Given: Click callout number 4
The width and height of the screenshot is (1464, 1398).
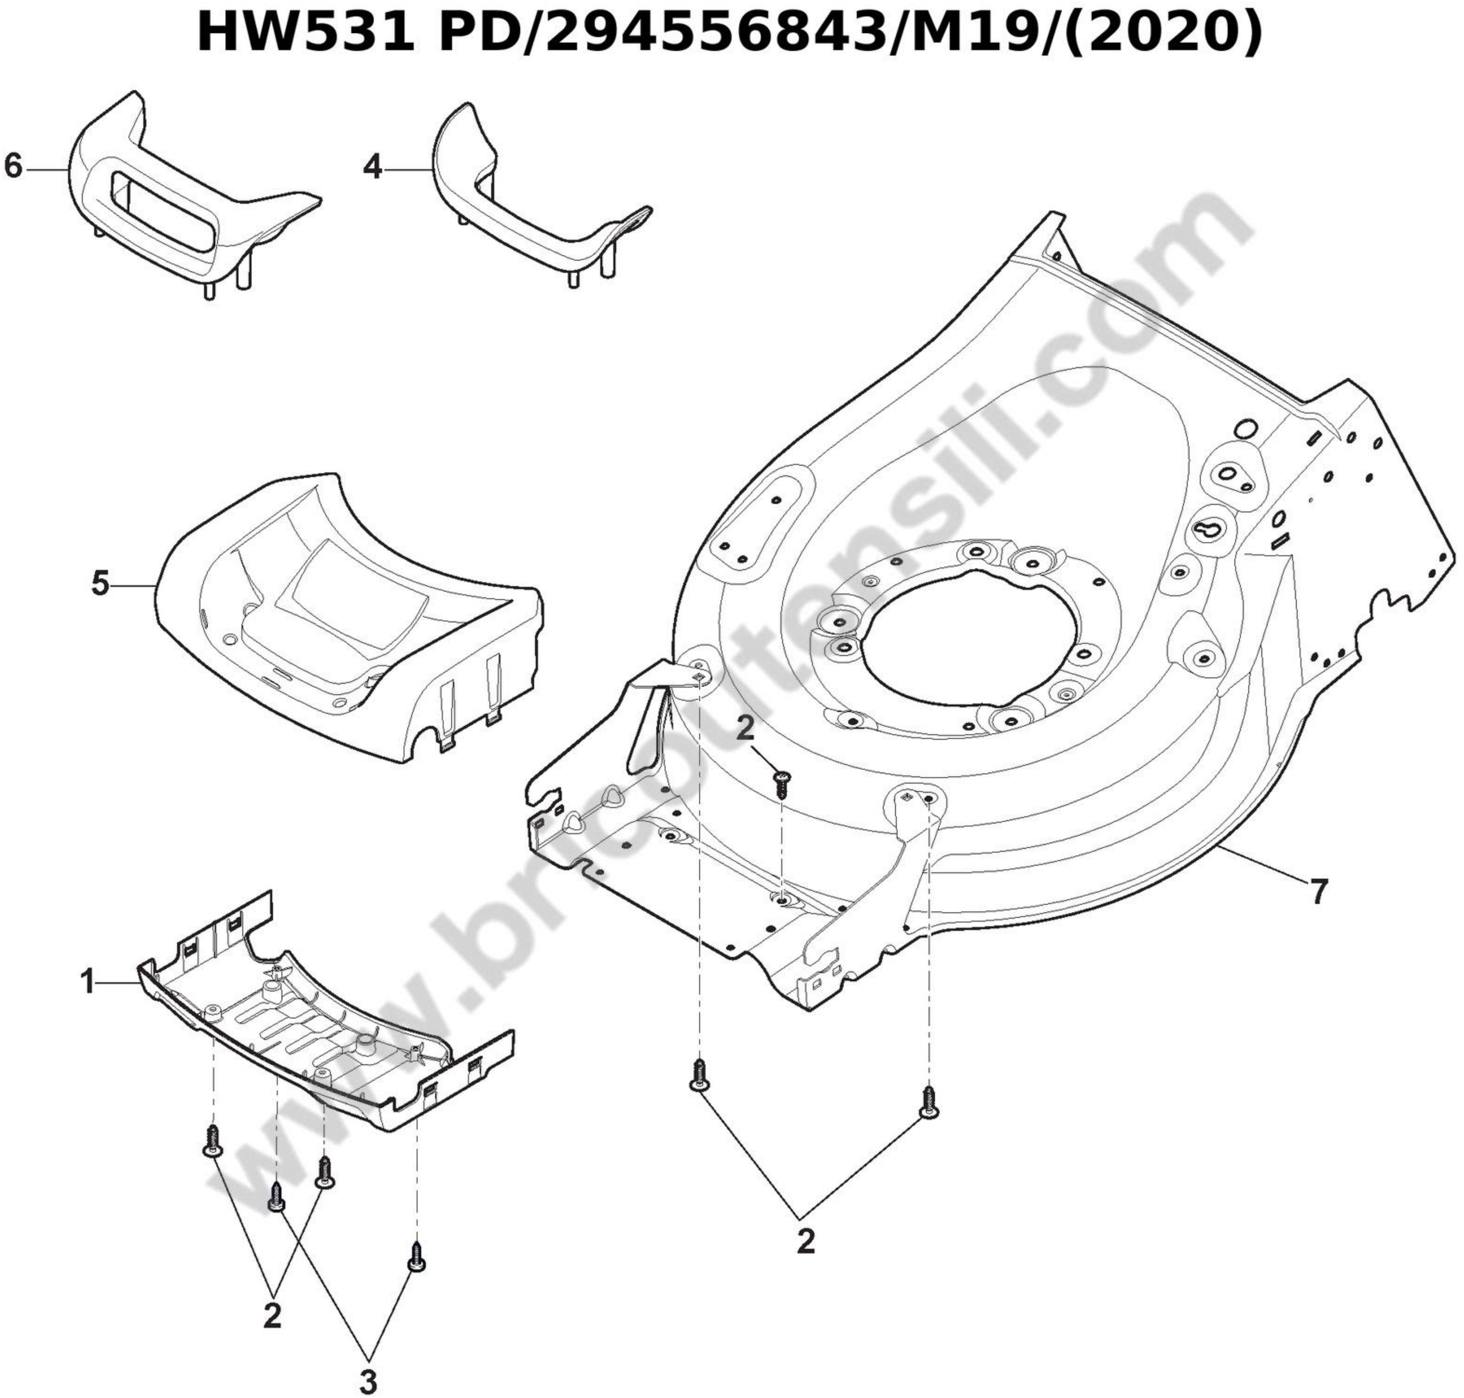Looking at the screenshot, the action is click(373, 167).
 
